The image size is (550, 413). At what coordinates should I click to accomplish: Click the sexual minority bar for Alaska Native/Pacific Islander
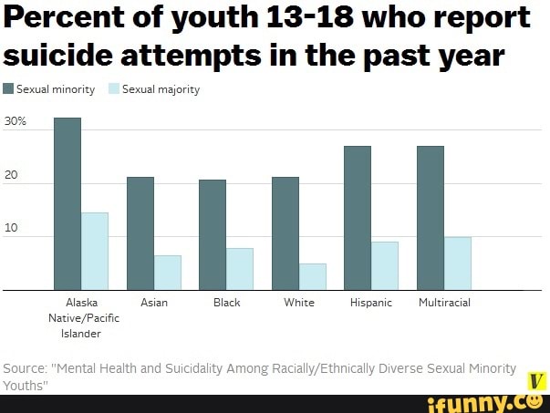click(x=67, y=203)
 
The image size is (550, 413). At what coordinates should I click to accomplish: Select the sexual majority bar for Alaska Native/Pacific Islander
click(x=95, y=251)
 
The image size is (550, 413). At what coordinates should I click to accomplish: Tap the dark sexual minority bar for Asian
click(x=140, y=233)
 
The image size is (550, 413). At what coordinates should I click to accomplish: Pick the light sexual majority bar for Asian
click(x=168, y=273)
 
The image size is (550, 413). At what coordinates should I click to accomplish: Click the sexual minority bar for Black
click(x=213, y=234)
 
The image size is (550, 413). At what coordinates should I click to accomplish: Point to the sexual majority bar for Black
click(x=240, y=269)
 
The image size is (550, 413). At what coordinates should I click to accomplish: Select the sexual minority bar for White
click(x=285, y=233)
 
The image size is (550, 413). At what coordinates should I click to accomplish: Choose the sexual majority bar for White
click(x=313, y=276)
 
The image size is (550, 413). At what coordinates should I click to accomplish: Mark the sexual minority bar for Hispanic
click(x=358, y=218)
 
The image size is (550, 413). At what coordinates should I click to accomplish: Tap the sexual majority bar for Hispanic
click(x=385, y=265)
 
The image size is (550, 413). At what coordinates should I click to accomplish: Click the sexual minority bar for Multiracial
click(x=431, y=218)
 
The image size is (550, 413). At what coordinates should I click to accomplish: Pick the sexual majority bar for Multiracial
click(x=458, y=263)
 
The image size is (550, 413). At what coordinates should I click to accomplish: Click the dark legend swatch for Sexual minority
click(x=9, y=89)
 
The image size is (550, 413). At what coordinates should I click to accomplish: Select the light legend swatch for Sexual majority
click(x=114, y=89)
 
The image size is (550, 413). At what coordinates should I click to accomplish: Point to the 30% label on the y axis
click(x=16, y=121)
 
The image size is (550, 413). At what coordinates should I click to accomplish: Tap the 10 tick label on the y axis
click(x=11, y=230)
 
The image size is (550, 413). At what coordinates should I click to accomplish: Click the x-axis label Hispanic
click(x=371, y=303)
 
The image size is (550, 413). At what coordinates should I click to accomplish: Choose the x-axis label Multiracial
click(x=444, y=303)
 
